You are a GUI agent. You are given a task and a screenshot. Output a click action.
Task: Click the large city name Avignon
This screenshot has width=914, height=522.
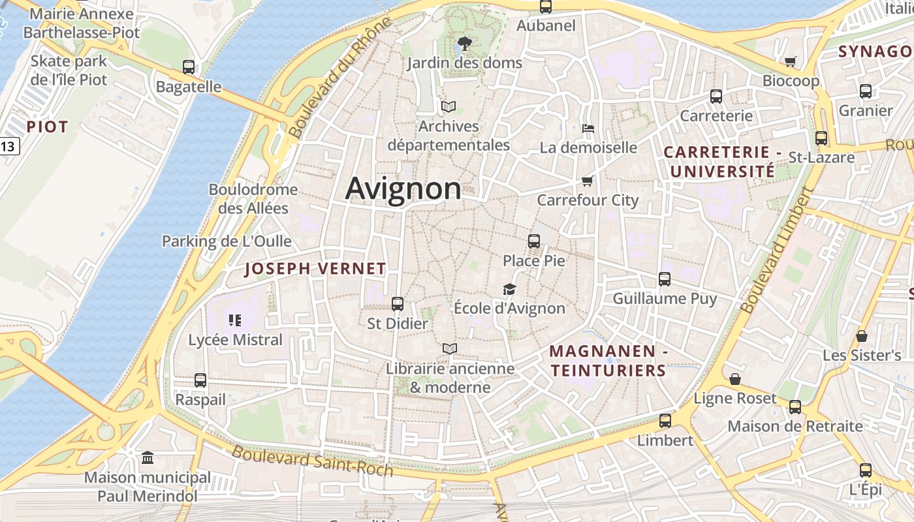click(x=403, y=189)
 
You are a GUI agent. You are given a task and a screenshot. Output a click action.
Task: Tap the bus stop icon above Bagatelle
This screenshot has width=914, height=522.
click(x=189, y=67)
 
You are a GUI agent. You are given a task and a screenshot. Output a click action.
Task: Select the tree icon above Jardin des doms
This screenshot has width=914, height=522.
click(x=464, y=44)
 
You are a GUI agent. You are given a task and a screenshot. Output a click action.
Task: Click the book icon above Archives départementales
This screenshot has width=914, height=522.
click(x=448, y=106)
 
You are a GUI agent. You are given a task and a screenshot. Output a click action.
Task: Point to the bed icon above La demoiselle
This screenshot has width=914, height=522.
click(x=588, y=128)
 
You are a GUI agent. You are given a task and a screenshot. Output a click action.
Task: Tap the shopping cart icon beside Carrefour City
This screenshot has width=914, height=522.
click(x=587, y=181)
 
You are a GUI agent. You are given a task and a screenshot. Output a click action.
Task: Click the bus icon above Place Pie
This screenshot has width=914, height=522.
click(x=534, y=241)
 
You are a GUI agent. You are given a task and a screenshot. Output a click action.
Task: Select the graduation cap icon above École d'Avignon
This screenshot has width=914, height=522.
click(x=509, y=289)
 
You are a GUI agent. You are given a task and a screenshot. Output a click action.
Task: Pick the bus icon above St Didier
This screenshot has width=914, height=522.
click(x=397, y=303)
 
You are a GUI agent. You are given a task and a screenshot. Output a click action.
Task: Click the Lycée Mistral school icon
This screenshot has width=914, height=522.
click(x=235, y=320)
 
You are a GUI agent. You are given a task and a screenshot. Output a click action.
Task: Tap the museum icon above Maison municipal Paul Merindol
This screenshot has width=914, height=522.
click(x=148, y=457)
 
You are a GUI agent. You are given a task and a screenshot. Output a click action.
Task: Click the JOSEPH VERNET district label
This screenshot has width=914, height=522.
click(x=315, y=269)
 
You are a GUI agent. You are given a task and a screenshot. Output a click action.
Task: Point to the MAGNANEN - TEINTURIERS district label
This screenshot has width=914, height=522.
click(x=608, y=361)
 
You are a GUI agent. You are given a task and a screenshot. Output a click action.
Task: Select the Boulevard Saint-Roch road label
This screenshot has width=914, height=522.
click(x=313, y=460)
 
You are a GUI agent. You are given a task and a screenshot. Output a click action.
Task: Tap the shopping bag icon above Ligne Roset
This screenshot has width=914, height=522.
click(x=735, y=378)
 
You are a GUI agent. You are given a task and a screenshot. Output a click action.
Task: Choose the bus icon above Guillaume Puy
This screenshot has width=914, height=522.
click(x=665, y=279)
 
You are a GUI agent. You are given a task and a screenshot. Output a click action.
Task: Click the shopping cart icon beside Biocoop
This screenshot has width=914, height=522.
click(x=790, y=61)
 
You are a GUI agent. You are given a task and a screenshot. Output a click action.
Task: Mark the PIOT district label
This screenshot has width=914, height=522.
click(x=47, y=127)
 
